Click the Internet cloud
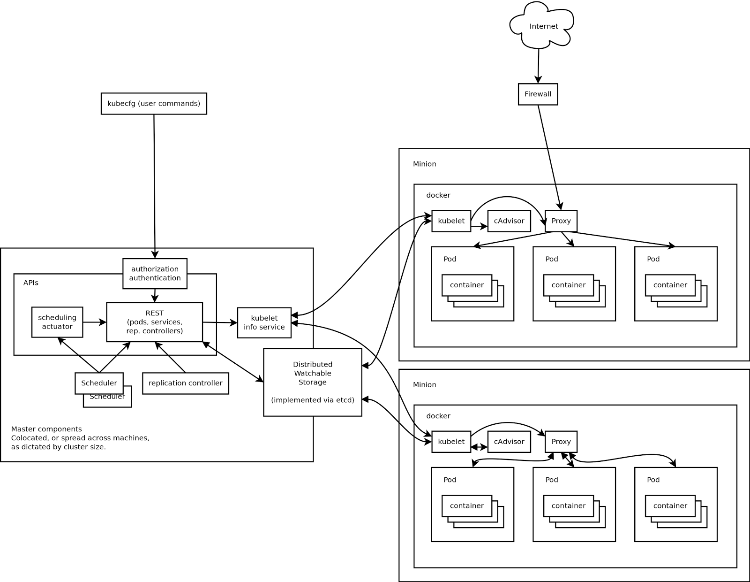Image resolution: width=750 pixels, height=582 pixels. click(x=543, y=26)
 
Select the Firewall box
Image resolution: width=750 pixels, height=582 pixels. click(x=538, y=94)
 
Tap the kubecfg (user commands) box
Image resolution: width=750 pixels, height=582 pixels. click(x=154, y=103)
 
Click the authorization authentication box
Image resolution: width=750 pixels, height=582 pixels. click(x=155, y=273)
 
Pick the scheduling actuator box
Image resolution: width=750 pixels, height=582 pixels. click(x=57, y=322)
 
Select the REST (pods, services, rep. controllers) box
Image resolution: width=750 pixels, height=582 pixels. click(x=154, y=322)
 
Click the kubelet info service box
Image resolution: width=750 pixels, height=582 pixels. click(x=264, y=322)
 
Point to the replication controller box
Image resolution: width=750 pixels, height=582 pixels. click(x=185, y=383)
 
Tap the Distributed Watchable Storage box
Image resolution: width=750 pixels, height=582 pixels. click(x=313, y=382)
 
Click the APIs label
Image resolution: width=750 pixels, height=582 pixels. click(x=31, y=283)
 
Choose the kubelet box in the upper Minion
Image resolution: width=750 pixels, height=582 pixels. click(x=451, y=221)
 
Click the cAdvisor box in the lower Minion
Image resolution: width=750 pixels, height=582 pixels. click(x=509, y=442)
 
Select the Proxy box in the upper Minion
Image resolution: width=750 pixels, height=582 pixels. click(x=561, y=221)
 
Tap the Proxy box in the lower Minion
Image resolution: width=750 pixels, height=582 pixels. click(x=561, y=442)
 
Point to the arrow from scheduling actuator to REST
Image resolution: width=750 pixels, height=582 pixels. click(x=94, y=322)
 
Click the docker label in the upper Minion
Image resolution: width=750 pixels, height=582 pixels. click(x=438, y=195)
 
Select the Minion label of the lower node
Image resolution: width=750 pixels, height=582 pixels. click(x=424, y=384)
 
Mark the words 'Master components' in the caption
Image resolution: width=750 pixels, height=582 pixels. click(x=46, y=429)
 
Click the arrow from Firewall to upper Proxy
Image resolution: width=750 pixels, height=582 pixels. click(x=549, y=157)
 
